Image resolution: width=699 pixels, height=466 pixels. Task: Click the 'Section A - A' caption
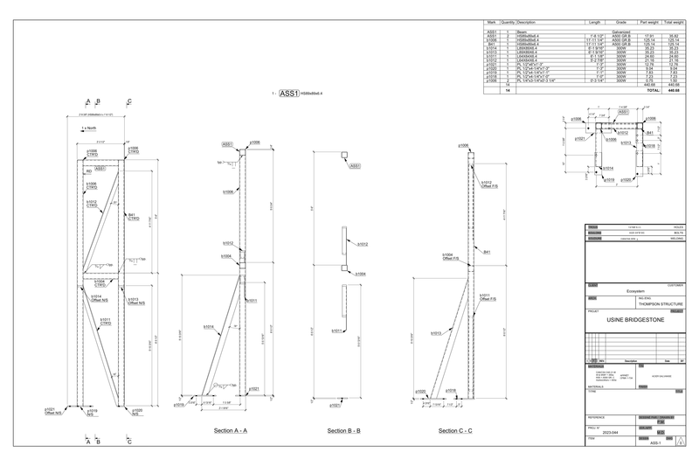[x=231, y=431]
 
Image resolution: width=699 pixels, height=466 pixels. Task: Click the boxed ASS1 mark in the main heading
[x=288, y=92]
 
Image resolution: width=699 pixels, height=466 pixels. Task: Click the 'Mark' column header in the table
[x=491, y=23]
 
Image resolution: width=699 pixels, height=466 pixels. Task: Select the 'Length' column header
[x=594, y=23]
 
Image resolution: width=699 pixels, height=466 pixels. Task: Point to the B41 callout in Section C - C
[x=488, y=252]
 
